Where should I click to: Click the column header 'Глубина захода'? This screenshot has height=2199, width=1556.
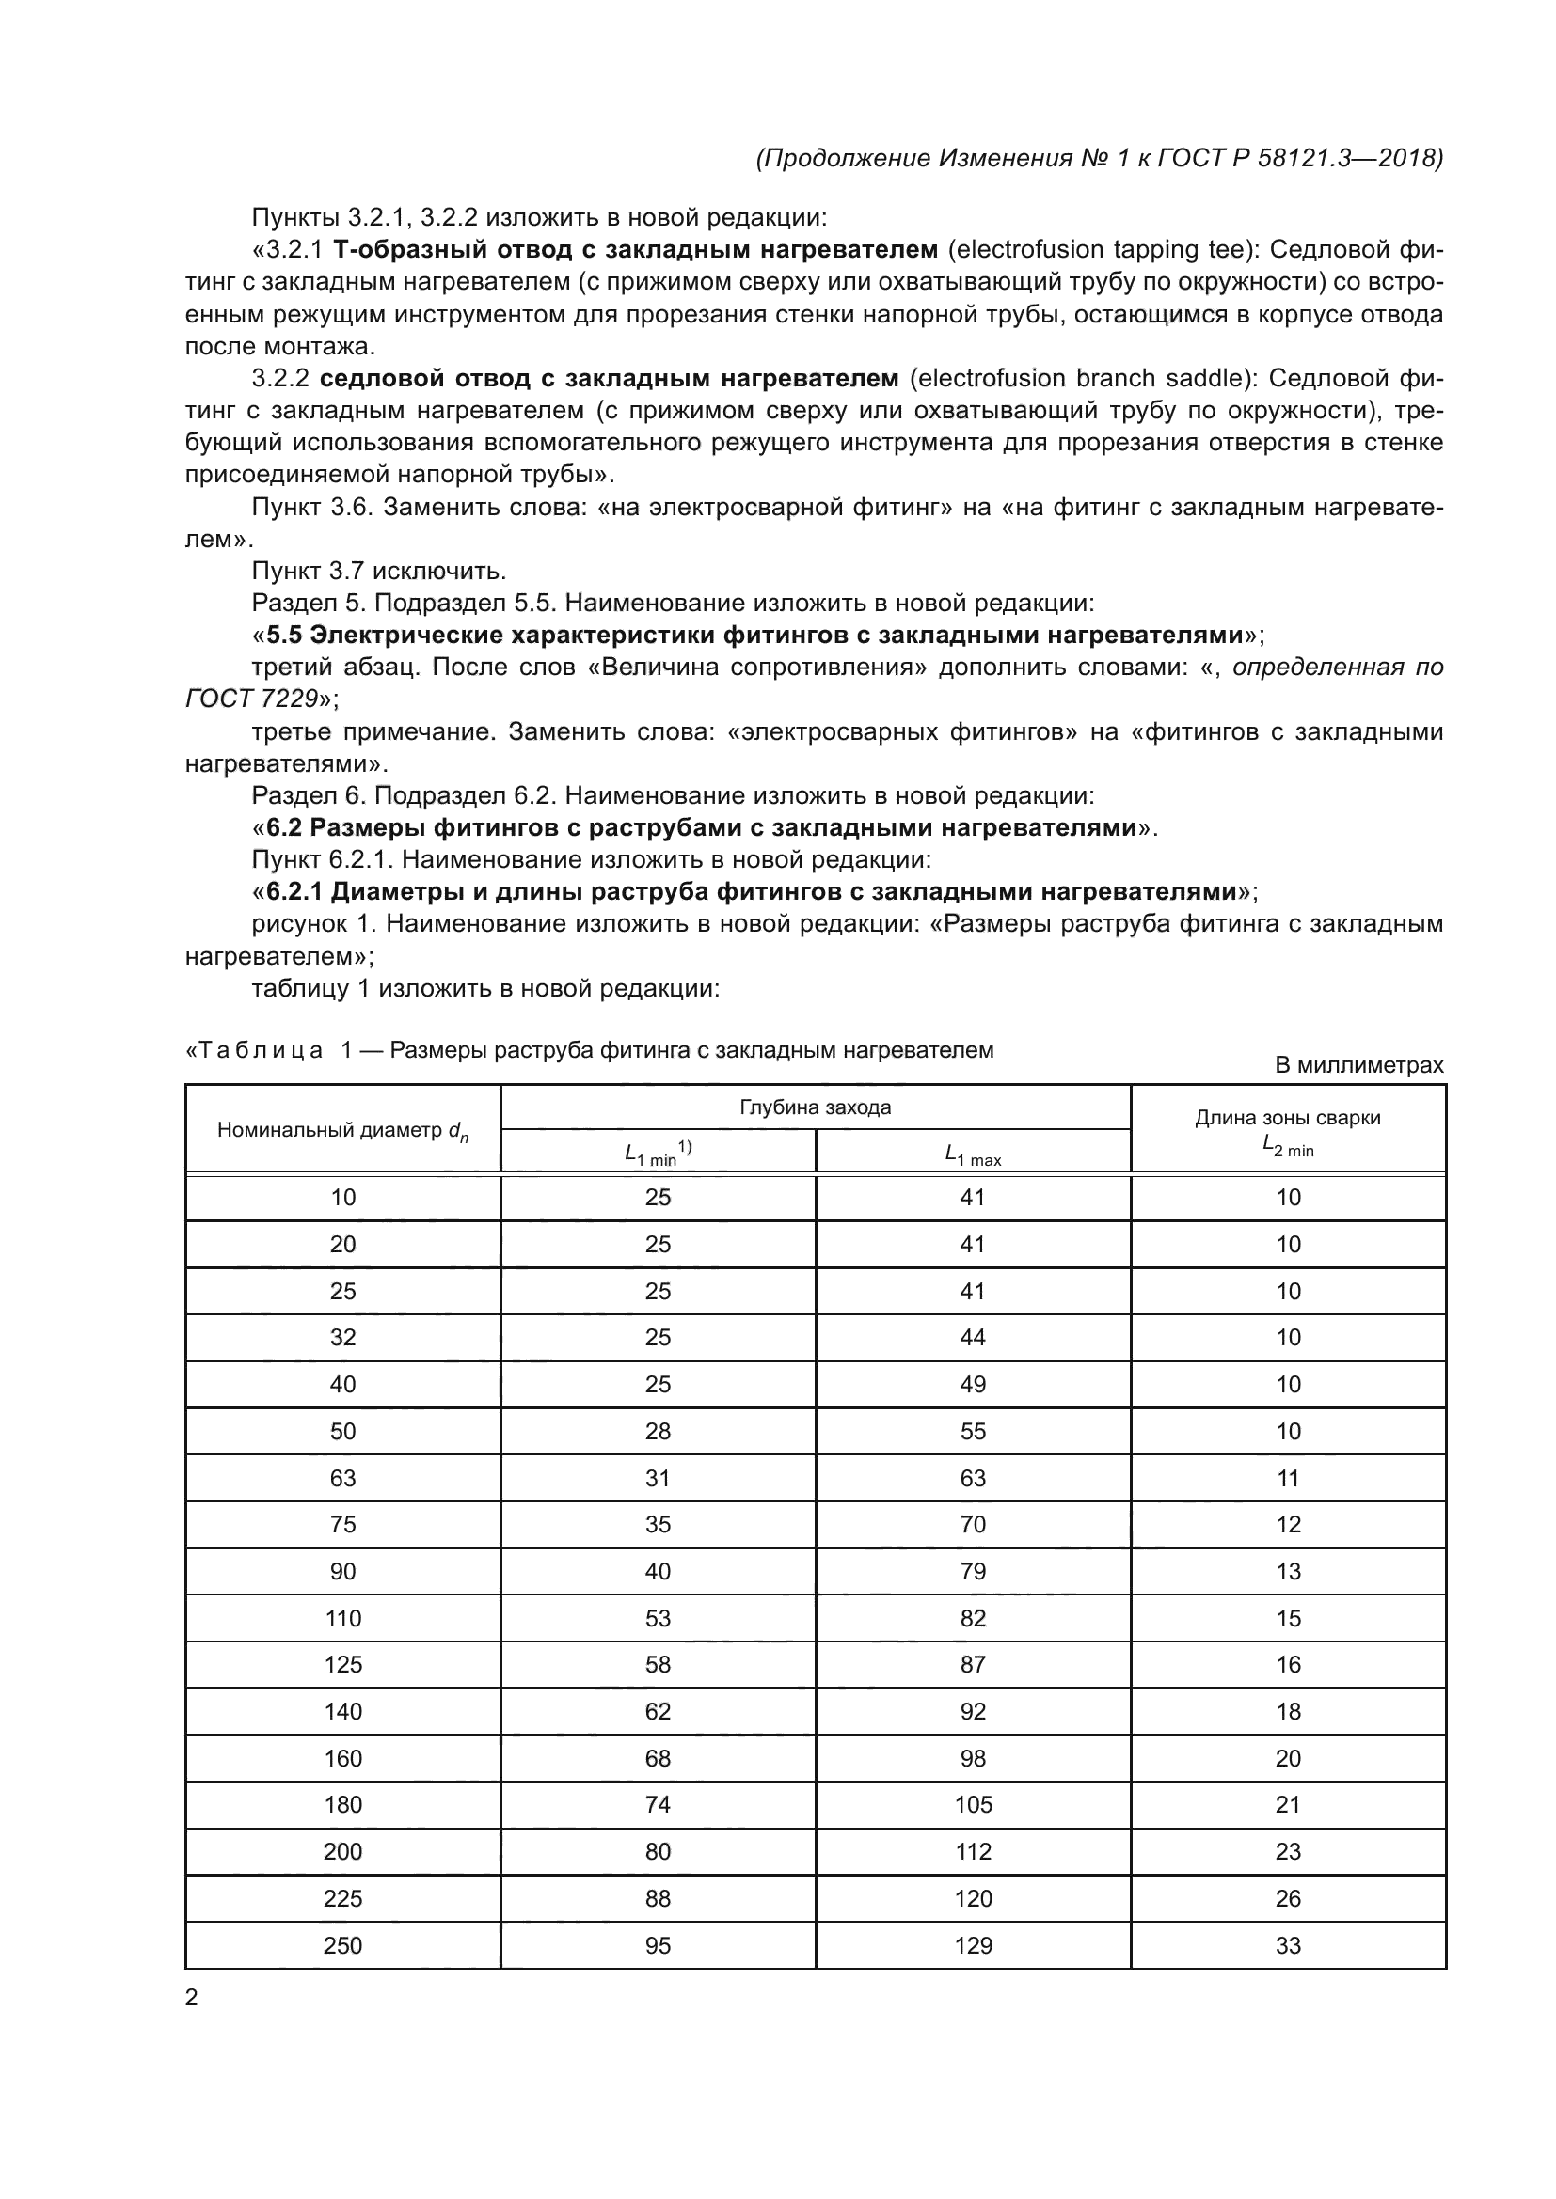pos(815,1107)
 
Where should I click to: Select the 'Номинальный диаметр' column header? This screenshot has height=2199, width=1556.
pos(342,1130)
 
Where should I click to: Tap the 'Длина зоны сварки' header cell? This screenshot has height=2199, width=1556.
pos(1287,1118)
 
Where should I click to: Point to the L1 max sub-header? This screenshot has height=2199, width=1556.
pos(973,1156)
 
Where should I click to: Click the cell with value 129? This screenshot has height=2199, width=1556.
pos(973,1945)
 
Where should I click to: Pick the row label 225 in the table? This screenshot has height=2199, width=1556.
pos(342,1898)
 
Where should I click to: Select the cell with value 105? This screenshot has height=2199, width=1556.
pos(973,1804)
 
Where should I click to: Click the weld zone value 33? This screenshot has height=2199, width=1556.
pos(1288,1945)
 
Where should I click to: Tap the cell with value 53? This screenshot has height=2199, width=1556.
pos(658,1618)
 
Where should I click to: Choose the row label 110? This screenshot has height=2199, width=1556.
pos(342,1618)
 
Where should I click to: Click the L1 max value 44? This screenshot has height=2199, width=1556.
pos(973,1337)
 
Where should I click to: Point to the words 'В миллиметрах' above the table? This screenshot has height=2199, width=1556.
pos(1358,1065)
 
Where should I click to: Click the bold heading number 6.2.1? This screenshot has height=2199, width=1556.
pos(295,891)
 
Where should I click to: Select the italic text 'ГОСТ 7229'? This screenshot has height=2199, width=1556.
pos(251,699)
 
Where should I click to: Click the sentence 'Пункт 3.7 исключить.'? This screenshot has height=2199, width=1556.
pos(378,571)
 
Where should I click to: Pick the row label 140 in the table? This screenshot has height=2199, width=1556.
pos(342,1711)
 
